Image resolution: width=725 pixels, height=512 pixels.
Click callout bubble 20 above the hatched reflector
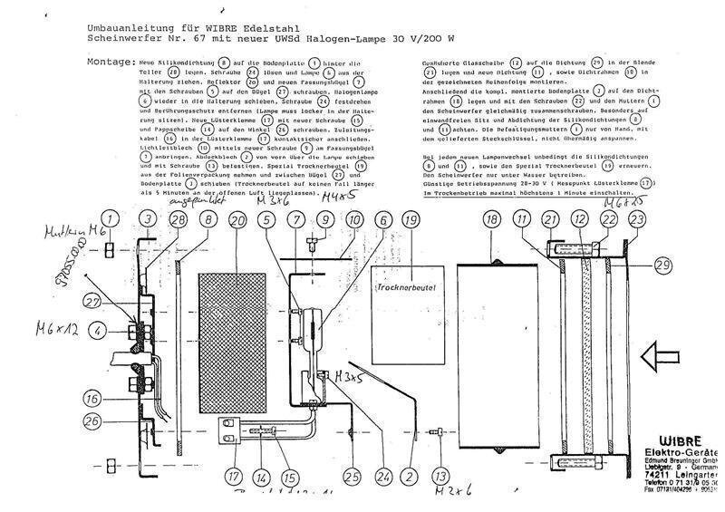[238, 220]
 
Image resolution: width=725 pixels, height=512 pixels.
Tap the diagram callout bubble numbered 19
[411, 220]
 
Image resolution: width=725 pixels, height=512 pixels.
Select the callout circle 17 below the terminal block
[236, 473]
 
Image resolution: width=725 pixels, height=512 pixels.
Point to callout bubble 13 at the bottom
[440, 474]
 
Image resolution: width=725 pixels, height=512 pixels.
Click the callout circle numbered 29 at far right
[662, 265]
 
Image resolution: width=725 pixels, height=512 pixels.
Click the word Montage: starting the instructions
[112, 62]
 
